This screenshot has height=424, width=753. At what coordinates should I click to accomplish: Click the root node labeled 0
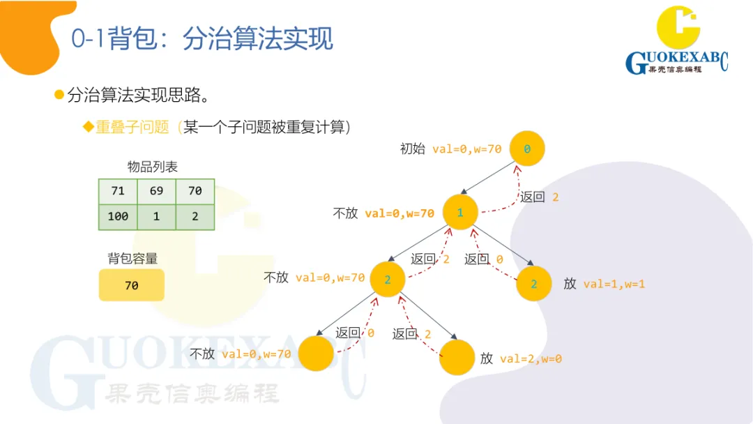pos(526,149)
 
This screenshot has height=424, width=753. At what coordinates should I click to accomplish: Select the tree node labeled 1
pos(460,212)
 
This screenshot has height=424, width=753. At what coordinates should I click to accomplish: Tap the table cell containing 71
pos(117,191)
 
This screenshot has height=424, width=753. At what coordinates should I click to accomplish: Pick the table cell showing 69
pos(156,191)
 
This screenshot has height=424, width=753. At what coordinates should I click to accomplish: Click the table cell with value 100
pos(117,217)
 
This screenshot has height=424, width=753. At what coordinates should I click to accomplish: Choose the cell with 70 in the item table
pos(195,191)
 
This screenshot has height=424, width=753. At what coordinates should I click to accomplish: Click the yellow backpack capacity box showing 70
pos(131,285)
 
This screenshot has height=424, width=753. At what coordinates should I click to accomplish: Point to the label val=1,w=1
pos(614,284)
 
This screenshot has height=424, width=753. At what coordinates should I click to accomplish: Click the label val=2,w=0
pos(531,358)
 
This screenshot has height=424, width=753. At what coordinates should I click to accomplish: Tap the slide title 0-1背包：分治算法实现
pos(202,39)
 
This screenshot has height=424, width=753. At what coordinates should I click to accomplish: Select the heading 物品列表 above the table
pos(152,167)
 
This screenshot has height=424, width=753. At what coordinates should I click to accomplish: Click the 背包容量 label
pos(132,258)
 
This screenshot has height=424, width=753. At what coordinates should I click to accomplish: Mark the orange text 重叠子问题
pos(132,127)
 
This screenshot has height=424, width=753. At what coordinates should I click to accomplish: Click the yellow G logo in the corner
pos(678,28)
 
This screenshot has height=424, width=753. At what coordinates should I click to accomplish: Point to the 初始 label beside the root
pos(412,149)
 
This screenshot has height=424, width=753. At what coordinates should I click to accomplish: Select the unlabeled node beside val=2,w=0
pos(457,357)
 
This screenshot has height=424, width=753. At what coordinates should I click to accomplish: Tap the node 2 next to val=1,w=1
pos(534,284)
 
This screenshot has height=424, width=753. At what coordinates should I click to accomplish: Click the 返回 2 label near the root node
pos(540,197)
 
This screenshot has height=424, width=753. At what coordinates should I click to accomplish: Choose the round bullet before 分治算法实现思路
pos(59,94)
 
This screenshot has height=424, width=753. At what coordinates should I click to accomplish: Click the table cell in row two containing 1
pos(156,217)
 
